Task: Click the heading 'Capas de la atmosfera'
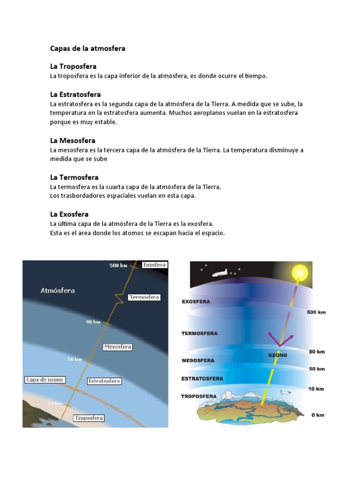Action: (88, 48)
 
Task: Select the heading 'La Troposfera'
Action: (73, 67)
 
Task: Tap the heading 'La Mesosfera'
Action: (73, 141)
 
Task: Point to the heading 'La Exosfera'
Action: (69, 214)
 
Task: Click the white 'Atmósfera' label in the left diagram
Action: (58, 291)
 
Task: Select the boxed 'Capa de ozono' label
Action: (45, 380)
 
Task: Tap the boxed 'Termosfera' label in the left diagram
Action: (144, 297)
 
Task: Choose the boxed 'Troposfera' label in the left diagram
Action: (89, 418)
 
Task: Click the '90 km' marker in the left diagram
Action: (93, 322)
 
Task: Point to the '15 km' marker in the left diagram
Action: (54, 403)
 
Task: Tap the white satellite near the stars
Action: (219, 273)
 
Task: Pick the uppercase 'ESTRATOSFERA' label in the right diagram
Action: (202, 378)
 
